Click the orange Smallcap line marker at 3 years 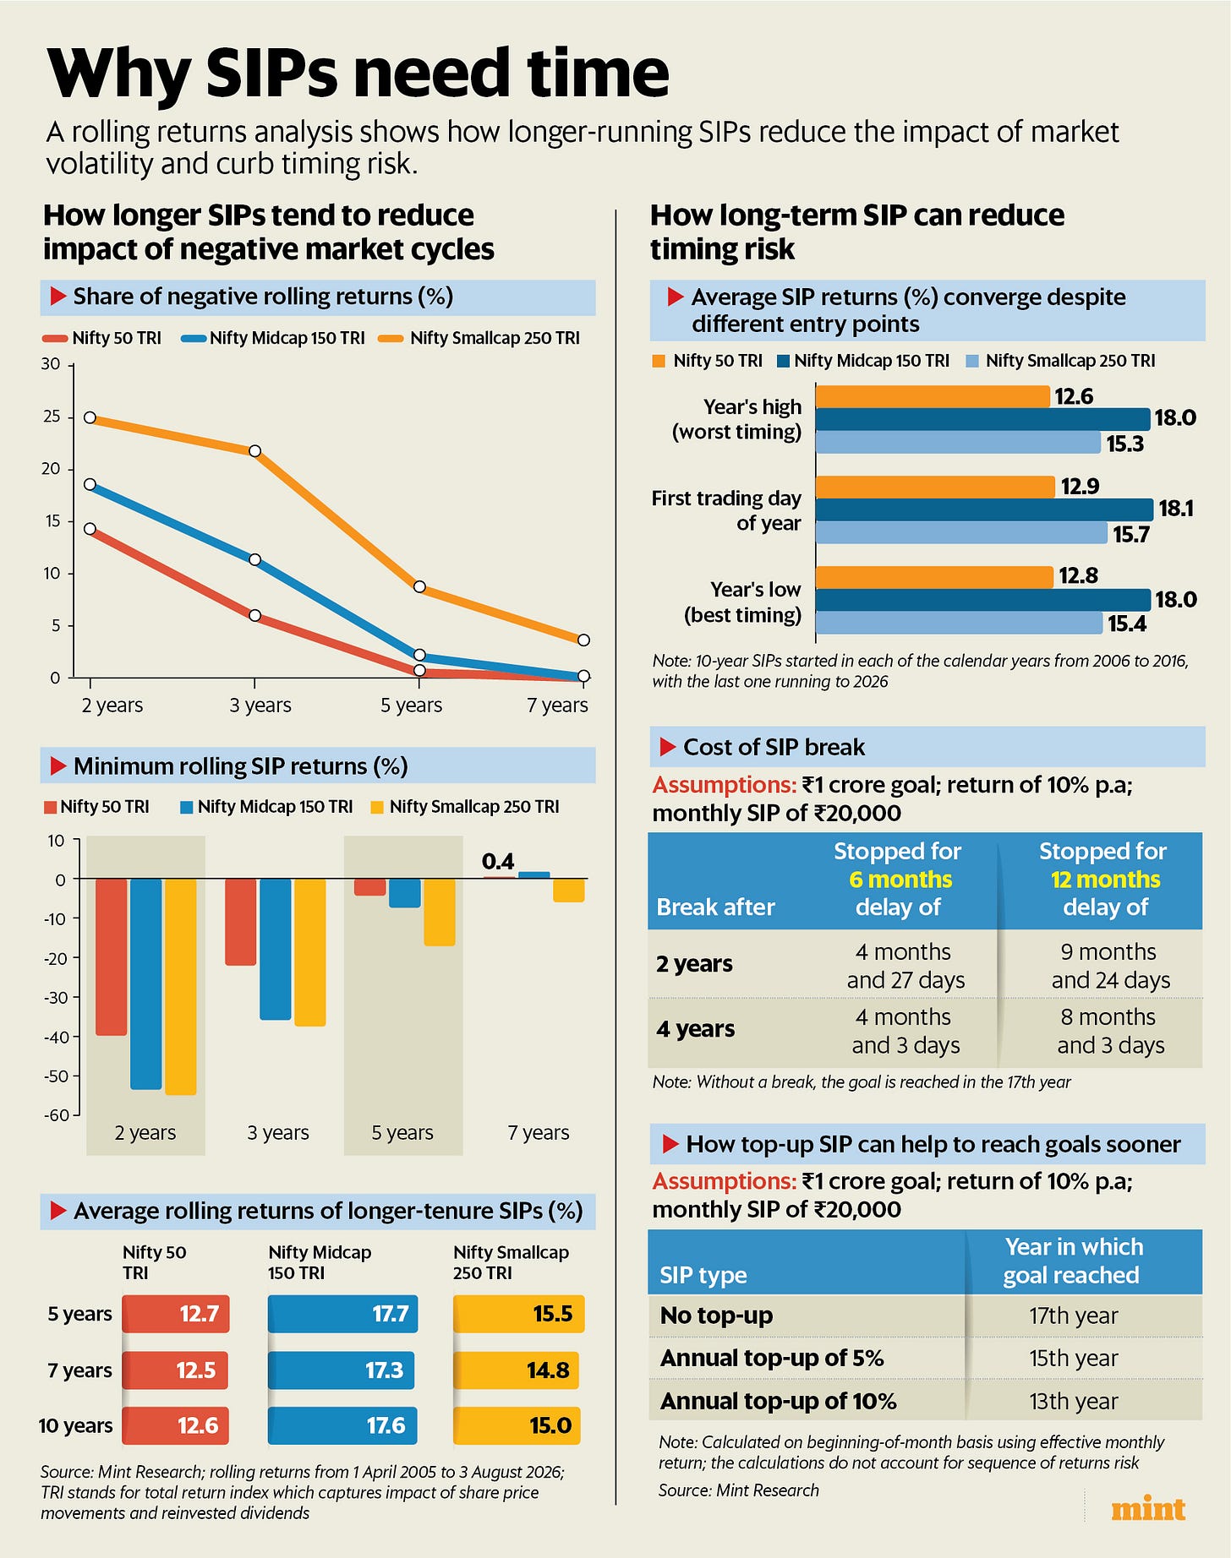254,451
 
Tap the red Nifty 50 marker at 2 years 90,529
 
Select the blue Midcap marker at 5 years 419,655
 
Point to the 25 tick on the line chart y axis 52,417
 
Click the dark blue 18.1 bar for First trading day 984,509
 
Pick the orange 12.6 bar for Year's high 933,396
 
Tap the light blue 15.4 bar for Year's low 960,623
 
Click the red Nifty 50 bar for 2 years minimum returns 111,957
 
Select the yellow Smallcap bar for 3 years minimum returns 309,952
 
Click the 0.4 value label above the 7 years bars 498,861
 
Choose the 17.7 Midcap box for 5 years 342,1314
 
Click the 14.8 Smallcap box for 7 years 516,1370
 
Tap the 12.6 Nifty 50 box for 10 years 176,1425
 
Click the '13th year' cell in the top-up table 1073,1401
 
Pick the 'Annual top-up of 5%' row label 772,1358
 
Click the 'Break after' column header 715,907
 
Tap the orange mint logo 1148,1509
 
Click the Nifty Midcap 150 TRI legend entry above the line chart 273,338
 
